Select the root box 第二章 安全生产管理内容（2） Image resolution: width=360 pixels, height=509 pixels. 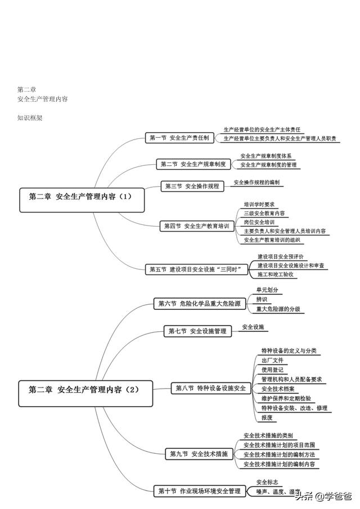point(85,389)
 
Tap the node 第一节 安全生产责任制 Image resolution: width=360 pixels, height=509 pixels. point(179,137)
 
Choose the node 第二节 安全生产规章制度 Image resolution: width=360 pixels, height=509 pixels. point(193,164)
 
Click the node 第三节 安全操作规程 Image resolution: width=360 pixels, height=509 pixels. point(191,186)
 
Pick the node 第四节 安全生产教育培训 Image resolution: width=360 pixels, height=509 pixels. point(196,226)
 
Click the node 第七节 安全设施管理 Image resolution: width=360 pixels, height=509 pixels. point(197,331)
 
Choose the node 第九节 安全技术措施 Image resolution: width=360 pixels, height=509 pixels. point(199,453)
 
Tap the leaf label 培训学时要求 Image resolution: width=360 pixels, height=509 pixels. point(259,205)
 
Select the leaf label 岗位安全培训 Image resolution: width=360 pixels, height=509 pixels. point(259,222)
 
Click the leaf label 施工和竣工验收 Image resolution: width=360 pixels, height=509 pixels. point(276,274)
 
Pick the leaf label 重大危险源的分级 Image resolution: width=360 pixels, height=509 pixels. point(278,309)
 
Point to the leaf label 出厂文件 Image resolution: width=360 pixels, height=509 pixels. point(272,360)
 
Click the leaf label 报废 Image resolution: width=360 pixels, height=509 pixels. point(267,417)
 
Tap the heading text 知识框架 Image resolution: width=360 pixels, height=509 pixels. point(30,118)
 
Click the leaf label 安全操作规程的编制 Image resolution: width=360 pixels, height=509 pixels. point(256,182)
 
